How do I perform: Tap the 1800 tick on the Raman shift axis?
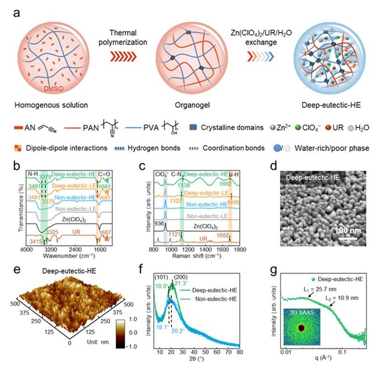click(240, 250)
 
